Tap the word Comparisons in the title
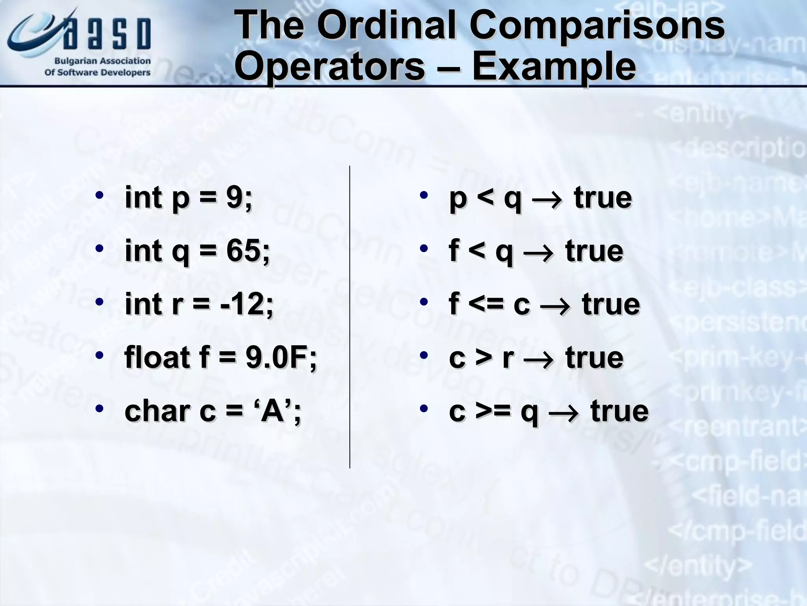coord(597,26)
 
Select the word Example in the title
coord(554,67)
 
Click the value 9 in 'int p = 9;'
coord(234,197)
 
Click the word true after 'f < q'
coord(594,251)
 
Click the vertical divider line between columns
coord(350,316)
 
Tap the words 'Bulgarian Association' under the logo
coord(102,61)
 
